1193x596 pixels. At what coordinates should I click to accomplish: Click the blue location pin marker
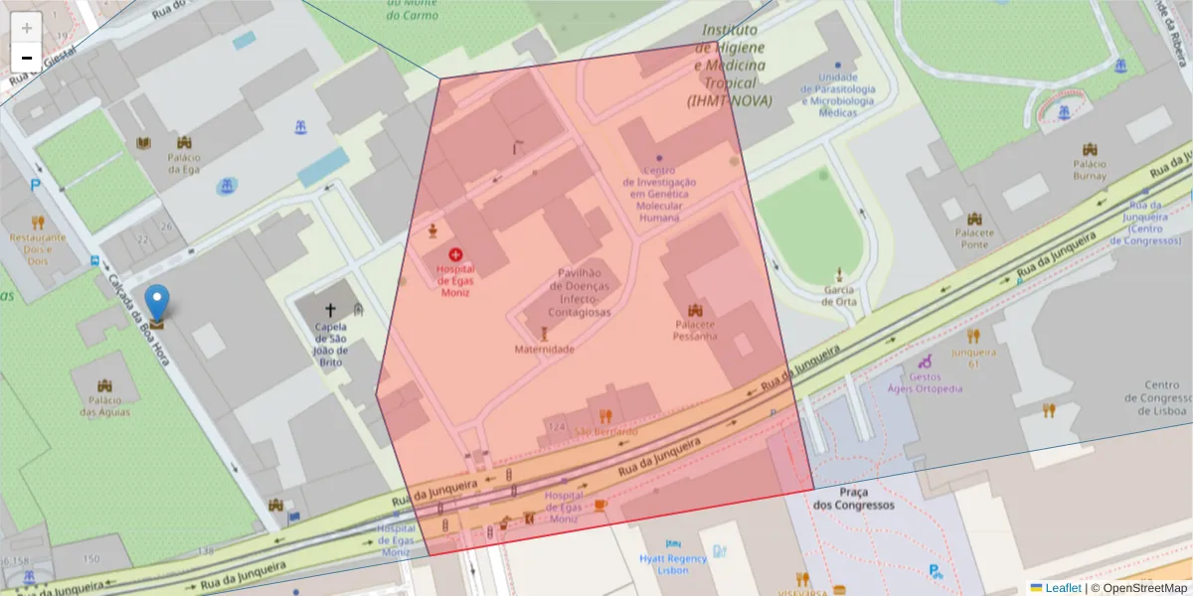tap(157, 302)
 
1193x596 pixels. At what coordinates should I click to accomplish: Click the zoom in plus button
tap(26, 27)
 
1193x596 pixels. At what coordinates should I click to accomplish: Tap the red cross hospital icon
tap(455, 255)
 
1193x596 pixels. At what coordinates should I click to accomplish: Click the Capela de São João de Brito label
tap(330, 344)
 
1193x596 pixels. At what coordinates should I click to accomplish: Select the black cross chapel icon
tap(330, 310)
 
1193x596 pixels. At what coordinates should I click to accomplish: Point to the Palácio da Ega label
tap(184, 163)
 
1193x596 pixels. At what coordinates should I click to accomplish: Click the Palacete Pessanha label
tap(696, 330)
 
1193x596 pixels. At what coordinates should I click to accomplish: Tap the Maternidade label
tap(544, 350)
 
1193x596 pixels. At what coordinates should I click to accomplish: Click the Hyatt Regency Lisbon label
tap(673, 564)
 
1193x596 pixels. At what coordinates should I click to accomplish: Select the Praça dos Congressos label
tap(853, 499)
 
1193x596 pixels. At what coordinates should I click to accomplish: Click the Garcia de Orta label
tap(839, 295)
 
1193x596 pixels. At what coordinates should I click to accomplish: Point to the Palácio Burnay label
tap(1090, 170)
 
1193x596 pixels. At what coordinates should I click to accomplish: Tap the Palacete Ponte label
tap(973, 238)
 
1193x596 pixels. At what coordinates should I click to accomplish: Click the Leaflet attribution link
tap(1062, 588)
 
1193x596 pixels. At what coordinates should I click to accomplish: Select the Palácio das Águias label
tap(104, 406)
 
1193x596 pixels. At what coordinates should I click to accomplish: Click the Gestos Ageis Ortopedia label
tap(926, 382)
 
